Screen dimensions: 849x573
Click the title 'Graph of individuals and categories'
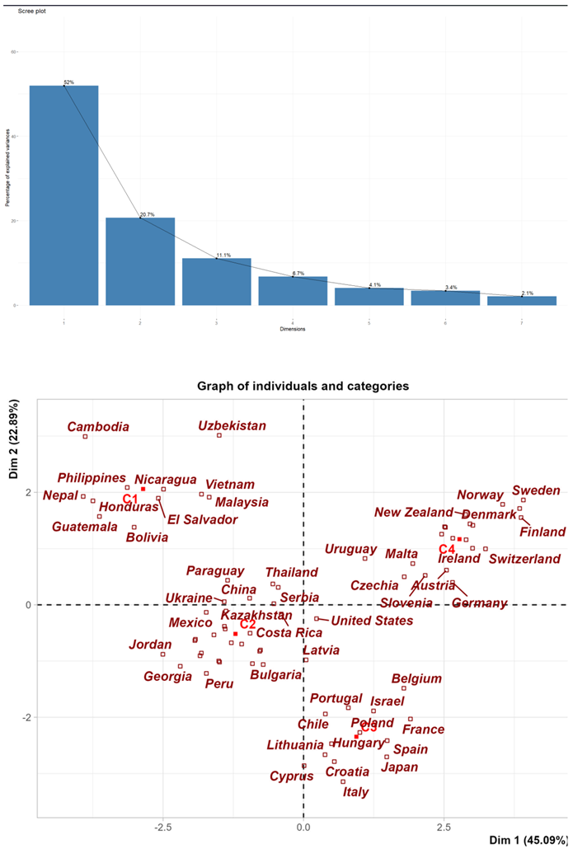point(303,386)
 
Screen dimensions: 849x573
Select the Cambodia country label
point(98,427)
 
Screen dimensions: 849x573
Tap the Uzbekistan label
point(232,426)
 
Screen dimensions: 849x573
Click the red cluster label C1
point(130,499)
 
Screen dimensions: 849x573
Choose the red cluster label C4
point(447,549)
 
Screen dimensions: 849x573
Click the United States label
point(372,620)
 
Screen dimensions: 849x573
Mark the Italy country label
point(355,792)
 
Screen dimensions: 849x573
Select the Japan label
point(399,767)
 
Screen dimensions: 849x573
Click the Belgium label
point(416,679)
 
